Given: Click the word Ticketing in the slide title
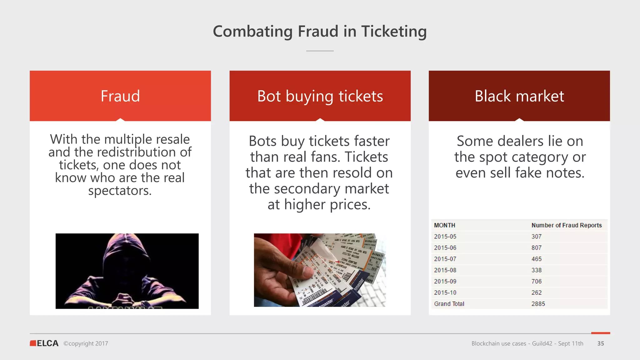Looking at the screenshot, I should [394, 32].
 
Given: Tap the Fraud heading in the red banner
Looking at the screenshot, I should [120, 96].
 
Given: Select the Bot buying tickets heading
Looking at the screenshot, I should [320, 96].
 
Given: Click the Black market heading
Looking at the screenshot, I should [519, 96].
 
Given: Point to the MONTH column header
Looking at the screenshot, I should [444, 225].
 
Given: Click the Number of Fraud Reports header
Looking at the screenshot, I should [566, 225].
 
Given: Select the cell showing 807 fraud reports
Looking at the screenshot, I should [536, 248].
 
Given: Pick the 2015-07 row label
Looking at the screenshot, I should [445, 259].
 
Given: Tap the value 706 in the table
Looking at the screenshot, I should [536, 282].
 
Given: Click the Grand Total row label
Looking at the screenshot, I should [449, 304].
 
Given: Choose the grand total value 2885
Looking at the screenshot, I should [538, 304].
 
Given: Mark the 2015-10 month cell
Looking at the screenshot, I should [445, 293].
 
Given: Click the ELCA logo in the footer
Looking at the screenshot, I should [44, 343].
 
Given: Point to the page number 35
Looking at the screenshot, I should [601, 343].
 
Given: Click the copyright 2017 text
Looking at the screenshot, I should [86, 343].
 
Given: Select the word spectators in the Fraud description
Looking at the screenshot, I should [120, 191].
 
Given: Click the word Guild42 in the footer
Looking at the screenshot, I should [542, 343].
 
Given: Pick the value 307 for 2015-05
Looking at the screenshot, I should [536, 237].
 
